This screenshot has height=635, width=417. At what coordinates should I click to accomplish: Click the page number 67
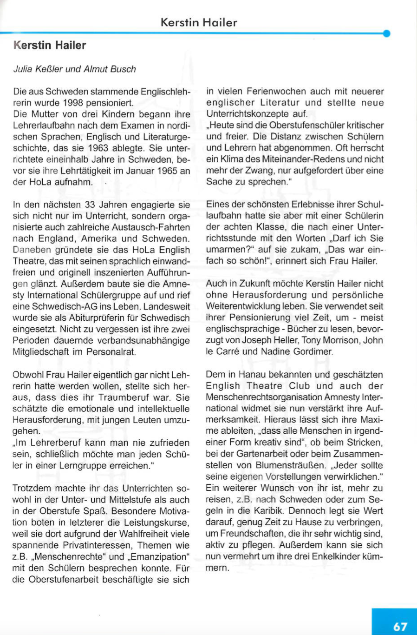point(400,626)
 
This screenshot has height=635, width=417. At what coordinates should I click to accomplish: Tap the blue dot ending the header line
point(386,33)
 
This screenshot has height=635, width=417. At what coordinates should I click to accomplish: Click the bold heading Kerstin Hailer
point(50,46)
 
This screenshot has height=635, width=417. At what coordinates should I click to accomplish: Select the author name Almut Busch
point(110,69)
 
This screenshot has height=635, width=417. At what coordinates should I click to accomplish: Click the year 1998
point(73,103)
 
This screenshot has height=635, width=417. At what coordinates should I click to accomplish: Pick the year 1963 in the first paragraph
point(110,148)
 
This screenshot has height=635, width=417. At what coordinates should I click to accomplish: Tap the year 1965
point(168,171)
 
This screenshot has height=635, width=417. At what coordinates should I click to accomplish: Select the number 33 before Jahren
point(91,205)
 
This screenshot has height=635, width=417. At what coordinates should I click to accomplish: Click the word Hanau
point(251,375)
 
